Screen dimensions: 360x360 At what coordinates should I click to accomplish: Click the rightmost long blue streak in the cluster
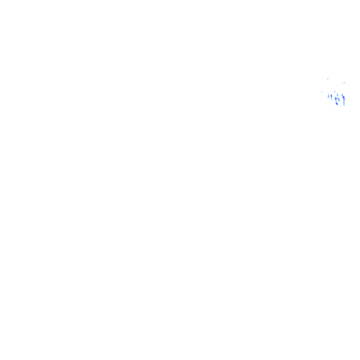344,99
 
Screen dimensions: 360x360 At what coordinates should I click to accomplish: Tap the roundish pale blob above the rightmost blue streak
344,83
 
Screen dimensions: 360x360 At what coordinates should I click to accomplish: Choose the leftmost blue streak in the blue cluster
328,96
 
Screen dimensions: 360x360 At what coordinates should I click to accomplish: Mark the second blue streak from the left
331,97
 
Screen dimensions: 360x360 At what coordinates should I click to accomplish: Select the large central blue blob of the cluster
337,100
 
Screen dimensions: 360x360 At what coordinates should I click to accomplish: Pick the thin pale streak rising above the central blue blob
335,91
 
